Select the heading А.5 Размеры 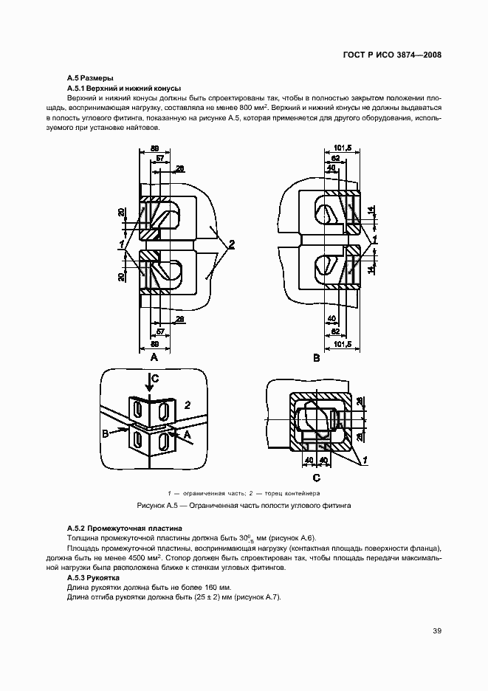tap(89, 78)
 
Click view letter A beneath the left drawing tap(154, 357)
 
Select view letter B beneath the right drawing tap(315, 358)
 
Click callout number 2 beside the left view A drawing tap(232, 244)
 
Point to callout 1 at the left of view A tap(119, 243)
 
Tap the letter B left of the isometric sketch tap(105, 434)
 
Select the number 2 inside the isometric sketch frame tap(188, 405)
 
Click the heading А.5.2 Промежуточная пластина tap(124, 529)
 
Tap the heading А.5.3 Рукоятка tap(92, 577)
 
